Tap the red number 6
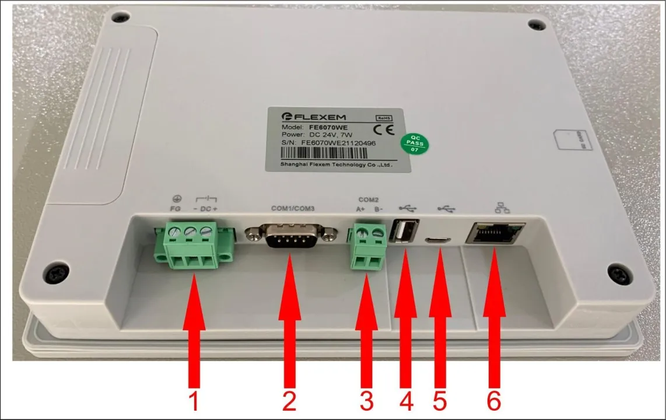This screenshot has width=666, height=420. [493, 401]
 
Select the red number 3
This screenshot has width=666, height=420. [366, 401]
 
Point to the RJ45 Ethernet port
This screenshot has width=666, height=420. [495, 233]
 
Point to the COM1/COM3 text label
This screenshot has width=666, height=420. [293, 208]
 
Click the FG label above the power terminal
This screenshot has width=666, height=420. [174, 208]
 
